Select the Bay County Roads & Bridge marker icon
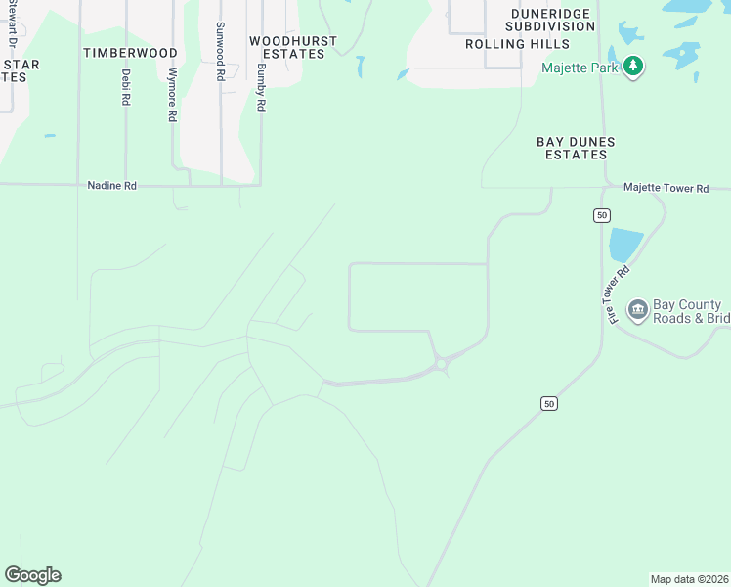(x=637, y=310)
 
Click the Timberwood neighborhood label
(x=130, y=52)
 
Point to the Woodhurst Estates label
(x=292, y=47)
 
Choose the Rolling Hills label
(x=517, y=44)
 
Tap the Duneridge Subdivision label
(x=538, y=25)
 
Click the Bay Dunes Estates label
(x=576, y=148)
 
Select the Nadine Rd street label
(x=111, y=184)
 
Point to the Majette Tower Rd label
(x=665, y=187)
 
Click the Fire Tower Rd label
(x=615, y=294)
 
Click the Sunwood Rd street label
(x=220, y=51)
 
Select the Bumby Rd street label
(x=261, y=88)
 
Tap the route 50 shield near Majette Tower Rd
(x=602, y=215)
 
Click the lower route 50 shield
(x=549, y=403)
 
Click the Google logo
(x=32, y=575)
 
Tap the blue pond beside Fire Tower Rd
(x=624, y=245)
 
